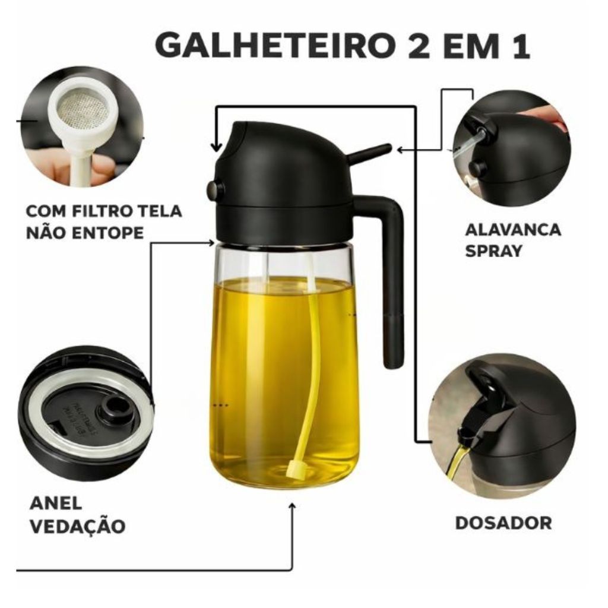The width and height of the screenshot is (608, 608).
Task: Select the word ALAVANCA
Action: (x=512, y=230)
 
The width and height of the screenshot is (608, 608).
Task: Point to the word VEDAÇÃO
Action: (x=78, y=526)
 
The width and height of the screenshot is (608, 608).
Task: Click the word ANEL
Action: (x=56, y=503)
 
